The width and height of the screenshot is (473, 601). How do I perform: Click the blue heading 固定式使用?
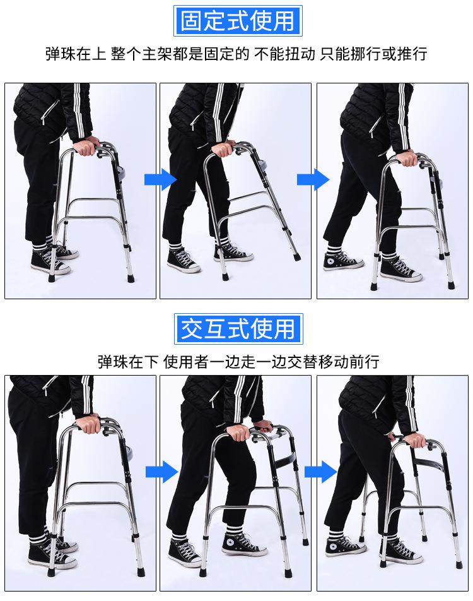point(238,21)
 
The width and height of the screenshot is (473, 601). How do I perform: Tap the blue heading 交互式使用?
point(238,329)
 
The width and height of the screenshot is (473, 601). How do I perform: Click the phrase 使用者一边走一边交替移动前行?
point(271,362)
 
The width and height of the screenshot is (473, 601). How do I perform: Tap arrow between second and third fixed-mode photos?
point(313,179)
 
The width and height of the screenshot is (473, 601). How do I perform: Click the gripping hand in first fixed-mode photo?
point(86,146)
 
